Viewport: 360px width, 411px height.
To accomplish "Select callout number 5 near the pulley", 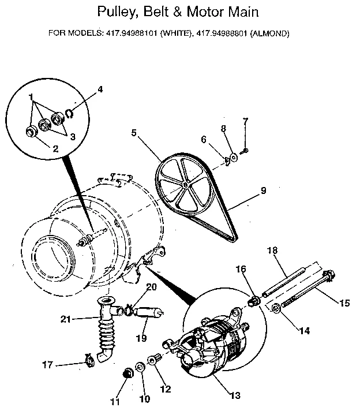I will tap(133, 132).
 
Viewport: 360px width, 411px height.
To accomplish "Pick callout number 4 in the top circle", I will tap(100, 89).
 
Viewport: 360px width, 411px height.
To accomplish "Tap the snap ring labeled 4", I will tap(69, 113).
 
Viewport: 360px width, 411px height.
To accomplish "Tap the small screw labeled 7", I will tap(245, 151).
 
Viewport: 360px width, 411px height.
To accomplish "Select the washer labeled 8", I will tap(234, 156).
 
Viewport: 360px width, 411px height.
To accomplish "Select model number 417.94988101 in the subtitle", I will tap(131, 33).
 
